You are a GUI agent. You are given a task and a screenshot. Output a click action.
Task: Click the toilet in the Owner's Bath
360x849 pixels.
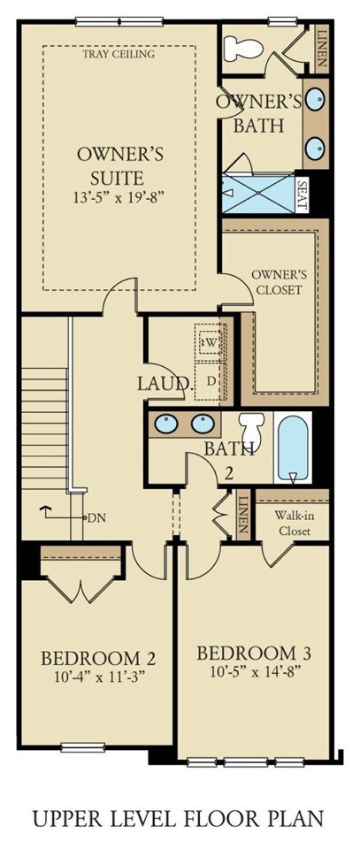pos(243,48)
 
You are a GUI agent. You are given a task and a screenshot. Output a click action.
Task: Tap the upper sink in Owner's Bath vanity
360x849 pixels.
pos(315,99)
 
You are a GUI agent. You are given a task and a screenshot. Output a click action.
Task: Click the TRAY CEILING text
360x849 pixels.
pos(119,54)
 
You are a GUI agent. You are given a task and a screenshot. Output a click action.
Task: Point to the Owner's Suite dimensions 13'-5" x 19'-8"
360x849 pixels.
pos(119,197)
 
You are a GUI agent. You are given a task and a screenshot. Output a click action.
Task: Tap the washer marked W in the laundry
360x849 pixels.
pos(211,342)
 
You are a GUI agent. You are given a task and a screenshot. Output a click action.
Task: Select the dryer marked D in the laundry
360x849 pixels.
pos(211,380)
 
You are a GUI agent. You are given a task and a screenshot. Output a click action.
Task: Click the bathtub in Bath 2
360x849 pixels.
pos(293,447)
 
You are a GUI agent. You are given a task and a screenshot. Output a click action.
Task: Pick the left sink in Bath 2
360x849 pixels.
pos(166,424)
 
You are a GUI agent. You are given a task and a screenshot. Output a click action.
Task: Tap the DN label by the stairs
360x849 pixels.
pos(96,517)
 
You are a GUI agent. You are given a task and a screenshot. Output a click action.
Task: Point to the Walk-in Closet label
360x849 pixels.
pos(295,523)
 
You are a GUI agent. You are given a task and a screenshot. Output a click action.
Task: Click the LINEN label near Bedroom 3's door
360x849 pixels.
pos(243,515)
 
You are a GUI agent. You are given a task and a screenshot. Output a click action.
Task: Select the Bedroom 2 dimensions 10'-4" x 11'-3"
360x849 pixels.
pos(98,677)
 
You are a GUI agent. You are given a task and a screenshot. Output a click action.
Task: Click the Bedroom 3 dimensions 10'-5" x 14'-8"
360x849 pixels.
pos(254,672)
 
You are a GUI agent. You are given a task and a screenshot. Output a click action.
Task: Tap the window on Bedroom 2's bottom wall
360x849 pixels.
pos(83,748)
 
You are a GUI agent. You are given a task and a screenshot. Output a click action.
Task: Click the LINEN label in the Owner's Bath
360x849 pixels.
pos(321,48)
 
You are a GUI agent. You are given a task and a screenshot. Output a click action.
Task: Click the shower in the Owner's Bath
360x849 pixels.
pos(259,194)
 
